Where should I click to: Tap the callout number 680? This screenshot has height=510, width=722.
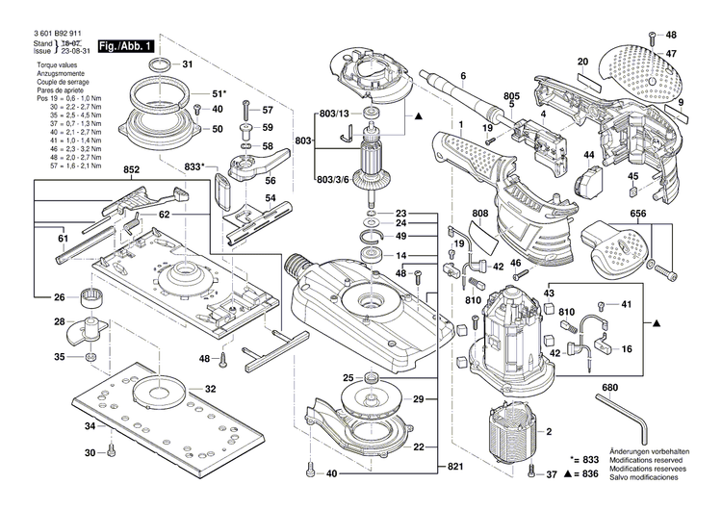click(609, 389)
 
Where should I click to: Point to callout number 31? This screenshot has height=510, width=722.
click(187, 64)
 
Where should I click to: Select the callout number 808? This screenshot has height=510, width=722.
click(480, 214)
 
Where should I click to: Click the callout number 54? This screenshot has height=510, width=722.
click(271, 198)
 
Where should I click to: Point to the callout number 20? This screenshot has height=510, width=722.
click(581, 62)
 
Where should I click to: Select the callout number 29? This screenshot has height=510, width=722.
click(417, 398)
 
